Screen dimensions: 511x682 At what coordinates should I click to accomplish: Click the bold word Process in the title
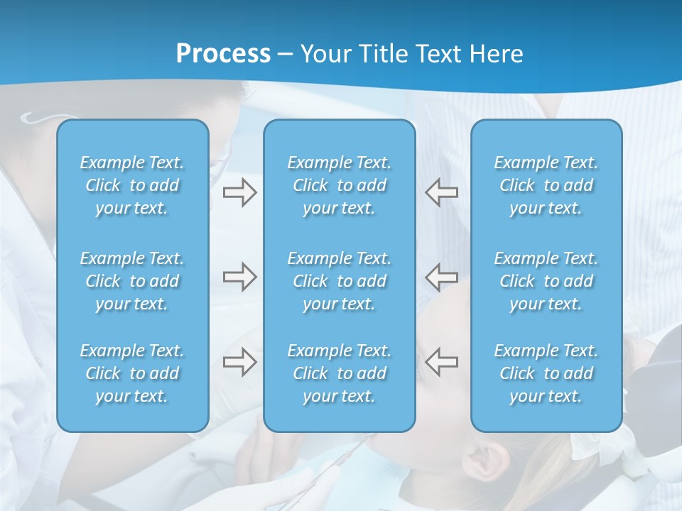pyautogui.click(x=223, y=54)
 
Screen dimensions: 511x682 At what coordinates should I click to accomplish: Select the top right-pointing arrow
pyautogui.click(x=239, y=192)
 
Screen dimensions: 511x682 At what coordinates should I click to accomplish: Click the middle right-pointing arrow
pyautogui.click(x=239, y=277)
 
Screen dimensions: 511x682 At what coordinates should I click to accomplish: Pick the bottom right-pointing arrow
pyautogui.click(x=239, y=362)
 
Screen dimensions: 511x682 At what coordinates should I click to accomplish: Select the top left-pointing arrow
pyautogui.click(x=442, y=192)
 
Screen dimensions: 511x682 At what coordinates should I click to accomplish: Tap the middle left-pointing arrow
pyautogui.click(x=442, y=277)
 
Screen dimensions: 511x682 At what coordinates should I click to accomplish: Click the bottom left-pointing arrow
pyautogui.click(x=442, y=362)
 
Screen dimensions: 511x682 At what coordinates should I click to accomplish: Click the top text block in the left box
pyautogui.click(x=132, y=185)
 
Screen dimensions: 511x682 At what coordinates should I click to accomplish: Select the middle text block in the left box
pyautogui.click(x=132, y=281)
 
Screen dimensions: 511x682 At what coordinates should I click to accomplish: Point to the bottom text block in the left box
pyautogui.click(x=132, y=373)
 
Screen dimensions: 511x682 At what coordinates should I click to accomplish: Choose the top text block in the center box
pyautogui.click(x=339, y=185)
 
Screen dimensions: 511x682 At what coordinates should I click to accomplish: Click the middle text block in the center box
pyautogui.click(x=339, y=281)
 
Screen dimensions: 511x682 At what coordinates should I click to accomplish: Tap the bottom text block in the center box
pyautogui.click(x=339, y=373)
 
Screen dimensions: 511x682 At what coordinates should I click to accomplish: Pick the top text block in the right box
pyautogui.click(x=546, y=185)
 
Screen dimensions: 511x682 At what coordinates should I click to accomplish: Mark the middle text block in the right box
pyautogui.click(x=546, y=281)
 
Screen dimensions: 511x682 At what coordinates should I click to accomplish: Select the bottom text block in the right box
pyautogui.click(x=546, y=373)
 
